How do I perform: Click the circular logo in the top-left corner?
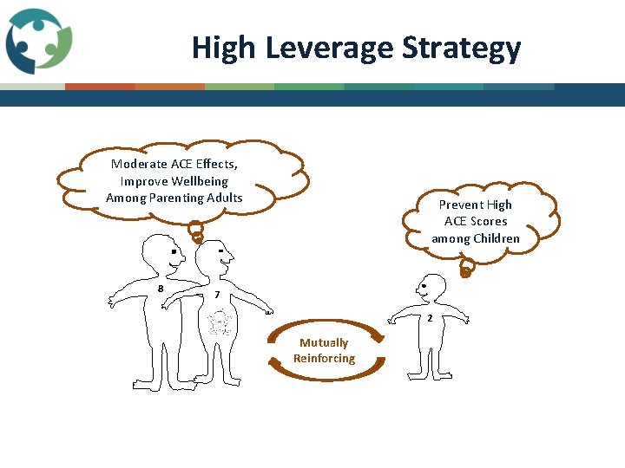pos(38,41)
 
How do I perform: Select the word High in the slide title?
pos(224,48)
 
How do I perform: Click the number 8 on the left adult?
pos(161,289)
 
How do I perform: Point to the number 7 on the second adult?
pos(216,296)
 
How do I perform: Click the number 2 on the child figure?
pos(429,319)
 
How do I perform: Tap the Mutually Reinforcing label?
pos(324,350)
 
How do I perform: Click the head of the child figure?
pos(430,287)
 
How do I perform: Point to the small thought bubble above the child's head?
pos(466,271)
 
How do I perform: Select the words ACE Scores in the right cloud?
pos(476,221)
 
